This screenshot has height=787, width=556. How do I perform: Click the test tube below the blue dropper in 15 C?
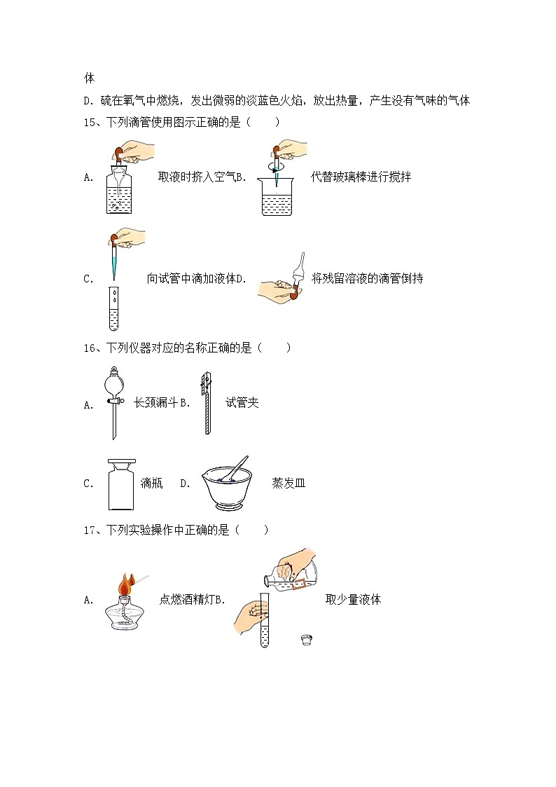click(114, 309)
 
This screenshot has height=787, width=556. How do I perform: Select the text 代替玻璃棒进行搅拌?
click(361, 177)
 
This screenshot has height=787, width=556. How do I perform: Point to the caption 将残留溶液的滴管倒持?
click(367, 279)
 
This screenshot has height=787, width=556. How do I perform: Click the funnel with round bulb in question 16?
click(113, 402)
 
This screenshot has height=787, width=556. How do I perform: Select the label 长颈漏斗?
click(155, 403)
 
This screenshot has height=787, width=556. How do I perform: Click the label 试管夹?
click(242, 403)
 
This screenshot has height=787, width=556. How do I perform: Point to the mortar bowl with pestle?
click(226, 484)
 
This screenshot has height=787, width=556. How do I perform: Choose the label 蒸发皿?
click(289, 484)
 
